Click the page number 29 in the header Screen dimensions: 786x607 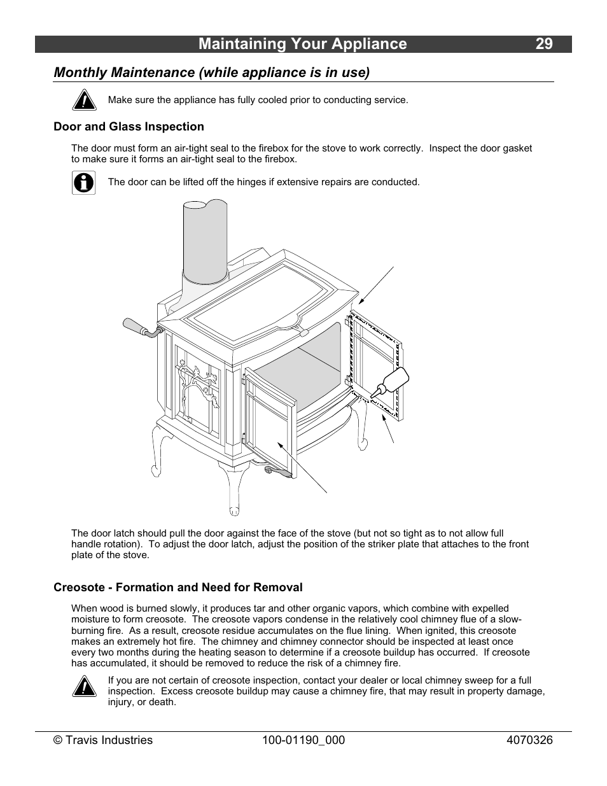point(543,44)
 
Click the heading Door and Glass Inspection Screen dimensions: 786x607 point(129,127)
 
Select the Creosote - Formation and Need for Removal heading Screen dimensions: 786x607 point(178,587)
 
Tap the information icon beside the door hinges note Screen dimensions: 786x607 point(83,183)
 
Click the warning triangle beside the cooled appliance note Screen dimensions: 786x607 point(83,100)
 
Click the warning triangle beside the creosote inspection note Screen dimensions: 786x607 point(83,687)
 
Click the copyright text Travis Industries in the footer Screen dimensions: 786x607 point(103,740)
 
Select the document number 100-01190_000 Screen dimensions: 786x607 point(303,740)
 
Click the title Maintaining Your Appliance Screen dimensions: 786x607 point(302,44)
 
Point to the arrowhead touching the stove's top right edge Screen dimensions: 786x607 point(361,302)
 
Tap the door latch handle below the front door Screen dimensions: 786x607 point(278,472)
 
